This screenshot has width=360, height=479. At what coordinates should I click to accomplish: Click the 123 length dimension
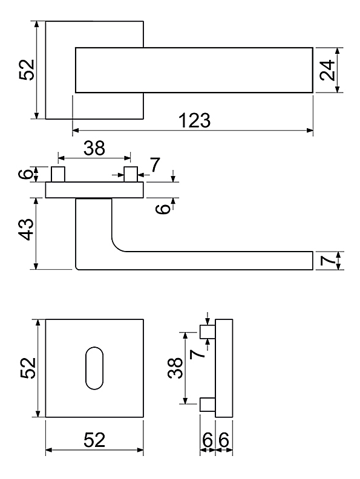[x=194, y=120]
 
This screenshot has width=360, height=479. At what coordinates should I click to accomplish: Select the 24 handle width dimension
[x=327, y=70]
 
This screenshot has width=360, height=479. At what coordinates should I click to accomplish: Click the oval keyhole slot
[x=94, y=368]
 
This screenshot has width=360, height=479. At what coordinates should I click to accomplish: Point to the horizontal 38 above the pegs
[x=94, y=148]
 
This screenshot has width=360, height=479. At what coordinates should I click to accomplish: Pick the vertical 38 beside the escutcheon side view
[x=175, y=368]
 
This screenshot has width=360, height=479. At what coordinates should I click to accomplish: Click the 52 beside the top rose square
[x=27, y=70]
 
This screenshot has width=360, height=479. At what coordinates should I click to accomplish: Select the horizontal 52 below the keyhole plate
[x=94, y=440]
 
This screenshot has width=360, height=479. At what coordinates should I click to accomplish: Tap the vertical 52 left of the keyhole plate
[x=28, y=368]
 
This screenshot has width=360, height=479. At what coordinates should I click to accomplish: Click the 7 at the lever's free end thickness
[x=328, y=261]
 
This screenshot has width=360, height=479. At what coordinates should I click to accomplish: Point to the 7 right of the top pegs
[x=155, y=165]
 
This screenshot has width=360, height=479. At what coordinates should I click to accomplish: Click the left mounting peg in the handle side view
[x=57, y=174]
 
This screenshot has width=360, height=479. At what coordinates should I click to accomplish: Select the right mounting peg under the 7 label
[x=131, y=174]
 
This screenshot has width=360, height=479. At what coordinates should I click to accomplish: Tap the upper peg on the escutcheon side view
[x=208, y=332]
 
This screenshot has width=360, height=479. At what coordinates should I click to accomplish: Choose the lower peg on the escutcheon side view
[x=208, y=405]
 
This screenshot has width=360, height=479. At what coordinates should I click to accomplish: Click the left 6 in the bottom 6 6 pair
[x=207, y=440]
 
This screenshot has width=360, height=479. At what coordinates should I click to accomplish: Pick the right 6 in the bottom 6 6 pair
[x=224, y=440]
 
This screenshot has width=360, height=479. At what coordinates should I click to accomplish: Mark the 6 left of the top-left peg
[x=26, y=174]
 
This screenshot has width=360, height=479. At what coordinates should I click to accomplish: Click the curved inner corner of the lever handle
[x=116, y=246]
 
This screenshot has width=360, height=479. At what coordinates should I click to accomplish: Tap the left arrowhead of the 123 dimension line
[x=76, y=131]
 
